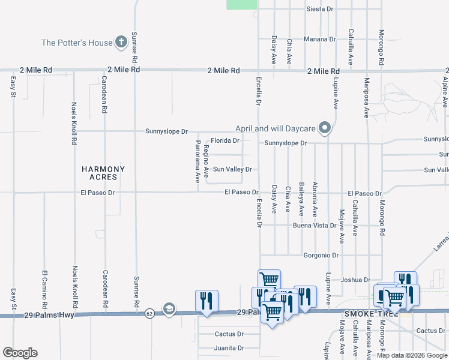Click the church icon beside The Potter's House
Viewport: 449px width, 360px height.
pyautogui.click(x=121, y=43)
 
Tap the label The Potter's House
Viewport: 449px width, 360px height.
pyautogui.click(x=77, y=43)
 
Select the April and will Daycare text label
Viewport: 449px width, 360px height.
pyautogui.click(x=276, y=128)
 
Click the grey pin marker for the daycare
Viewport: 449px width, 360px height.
pyautogui.click(x=325, y=128)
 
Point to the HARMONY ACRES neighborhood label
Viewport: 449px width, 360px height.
pyautogui.click(x=103, y=173)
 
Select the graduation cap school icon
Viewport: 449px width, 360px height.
pyautogui.click(x=169, y=308)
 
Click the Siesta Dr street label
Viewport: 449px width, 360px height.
pyautogui.click(x=319, y=9)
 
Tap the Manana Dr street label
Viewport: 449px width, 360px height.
pyautogui.click(x=319, y=39)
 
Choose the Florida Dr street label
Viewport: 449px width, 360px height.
pyautogui.click(x=225, y=141)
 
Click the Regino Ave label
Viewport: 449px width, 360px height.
pyautogui.click(x=206, y=161)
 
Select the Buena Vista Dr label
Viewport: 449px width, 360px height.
pyautogui.click(x=314, y=226)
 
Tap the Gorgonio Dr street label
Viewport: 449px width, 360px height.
pyautogui.click(x=321, y=255)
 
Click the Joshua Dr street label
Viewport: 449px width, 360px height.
pyautogui.click(x=355, y=280)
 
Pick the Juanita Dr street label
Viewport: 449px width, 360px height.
pyautogui.click(x=229, y=347)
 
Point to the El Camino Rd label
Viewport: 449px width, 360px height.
pyautogui.click(x=44, y=286)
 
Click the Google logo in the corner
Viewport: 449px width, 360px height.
pyautogui.click(x=20, y=353)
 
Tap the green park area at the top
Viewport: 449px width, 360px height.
pyautogui.click(x=241, y=4)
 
